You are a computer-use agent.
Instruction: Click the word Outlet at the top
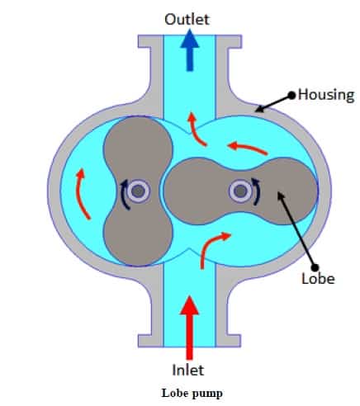point(187,20)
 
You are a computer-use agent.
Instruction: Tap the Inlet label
point(188,370)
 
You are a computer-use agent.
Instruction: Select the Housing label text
point(326,95)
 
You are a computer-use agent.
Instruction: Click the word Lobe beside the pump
point(318,278)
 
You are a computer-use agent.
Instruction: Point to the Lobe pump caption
point(192,394)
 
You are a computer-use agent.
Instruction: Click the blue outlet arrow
point(190,50)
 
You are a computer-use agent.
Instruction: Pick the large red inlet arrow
point(189,328)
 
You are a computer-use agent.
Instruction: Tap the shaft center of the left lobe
point(139,191)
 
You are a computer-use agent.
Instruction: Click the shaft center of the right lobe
point(241,191)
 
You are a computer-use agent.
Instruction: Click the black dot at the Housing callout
point(291,96)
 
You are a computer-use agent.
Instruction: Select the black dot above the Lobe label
point(315,267)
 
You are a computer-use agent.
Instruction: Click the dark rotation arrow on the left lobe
point(124,194)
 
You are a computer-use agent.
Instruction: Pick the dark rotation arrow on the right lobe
point(256,191)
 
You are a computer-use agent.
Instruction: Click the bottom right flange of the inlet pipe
point(228,341)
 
